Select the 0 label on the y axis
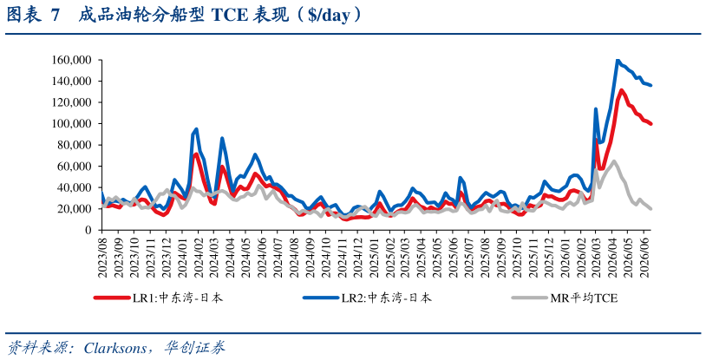(89, 230)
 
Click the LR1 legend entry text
(177, 298)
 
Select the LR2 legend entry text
(386, 298)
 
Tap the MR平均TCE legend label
(584, 298)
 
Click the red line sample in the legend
(112, 298)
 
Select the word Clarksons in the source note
(115, 347)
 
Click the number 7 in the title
(55, 16)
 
